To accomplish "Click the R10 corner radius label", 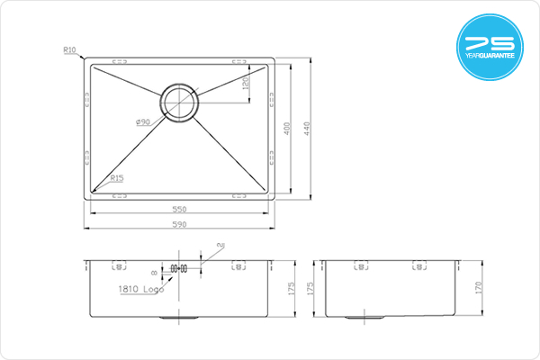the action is coord(69,50).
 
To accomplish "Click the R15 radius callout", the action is coord(117,178).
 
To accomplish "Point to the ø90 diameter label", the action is coord(143,122).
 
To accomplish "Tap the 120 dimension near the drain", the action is coord(246,83).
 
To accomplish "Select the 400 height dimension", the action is coord(287,129).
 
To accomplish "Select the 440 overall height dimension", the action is coord(307,129).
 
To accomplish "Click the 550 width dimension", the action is coord(179,209).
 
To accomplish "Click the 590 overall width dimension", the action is coord(179,225).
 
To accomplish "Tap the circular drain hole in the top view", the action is coord(179,103).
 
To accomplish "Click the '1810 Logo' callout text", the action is coord(141,289).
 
